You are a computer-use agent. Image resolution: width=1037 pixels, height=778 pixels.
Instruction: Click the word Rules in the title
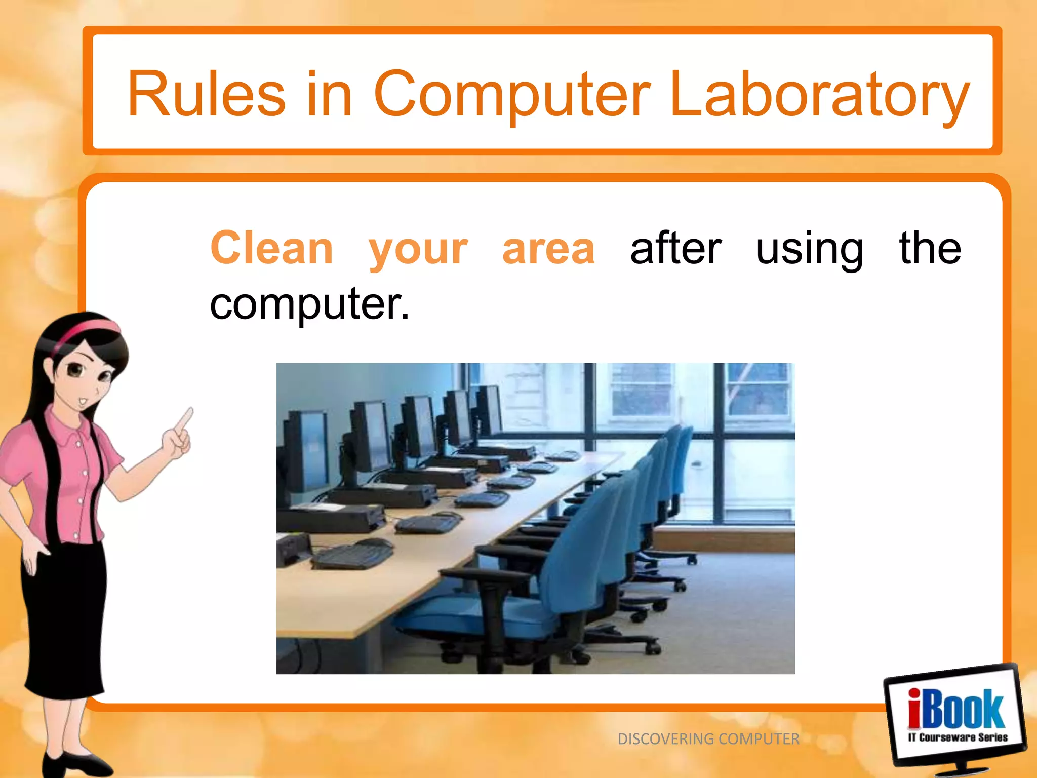207,95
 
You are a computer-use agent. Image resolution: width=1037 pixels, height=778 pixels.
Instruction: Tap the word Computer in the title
511,95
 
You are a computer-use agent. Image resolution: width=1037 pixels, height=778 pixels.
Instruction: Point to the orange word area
548,249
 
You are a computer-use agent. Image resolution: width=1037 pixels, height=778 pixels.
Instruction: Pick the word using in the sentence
809,249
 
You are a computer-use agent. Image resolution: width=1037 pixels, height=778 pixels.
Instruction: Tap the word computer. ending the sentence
309,304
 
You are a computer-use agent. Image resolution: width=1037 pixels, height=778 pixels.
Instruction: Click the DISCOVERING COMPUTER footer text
708,739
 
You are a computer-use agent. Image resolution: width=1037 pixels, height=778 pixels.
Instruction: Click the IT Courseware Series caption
957,737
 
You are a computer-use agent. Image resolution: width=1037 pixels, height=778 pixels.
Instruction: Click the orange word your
418,249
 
